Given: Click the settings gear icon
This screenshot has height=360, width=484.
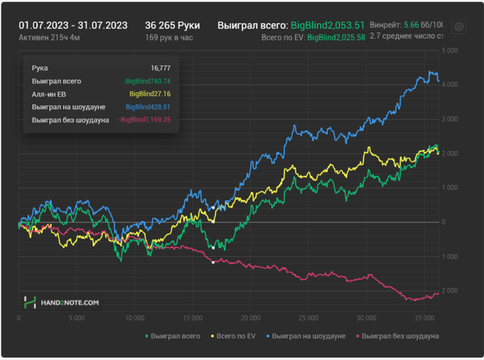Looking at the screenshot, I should [x=458, y=27].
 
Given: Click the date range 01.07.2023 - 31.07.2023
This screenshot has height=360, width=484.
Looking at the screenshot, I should [x=73, y=25].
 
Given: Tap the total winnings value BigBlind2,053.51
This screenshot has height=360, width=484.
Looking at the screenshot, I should [x=327, y=25].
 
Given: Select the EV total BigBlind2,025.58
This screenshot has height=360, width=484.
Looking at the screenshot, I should [x=336, y=37].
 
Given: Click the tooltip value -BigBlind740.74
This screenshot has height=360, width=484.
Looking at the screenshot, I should [x=147, y=81].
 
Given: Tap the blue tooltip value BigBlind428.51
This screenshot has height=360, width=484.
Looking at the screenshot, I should [x=148, y=107].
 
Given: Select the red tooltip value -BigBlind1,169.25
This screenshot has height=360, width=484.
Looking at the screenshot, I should [x=144, y=120].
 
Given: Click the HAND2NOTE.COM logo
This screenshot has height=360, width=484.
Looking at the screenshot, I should [x=62, y=302].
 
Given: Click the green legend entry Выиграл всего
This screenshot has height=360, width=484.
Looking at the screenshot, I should [x=173, y=336].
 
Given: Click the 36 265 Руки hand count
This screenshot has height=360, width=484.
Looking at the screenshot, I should [x=172, y=25].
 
